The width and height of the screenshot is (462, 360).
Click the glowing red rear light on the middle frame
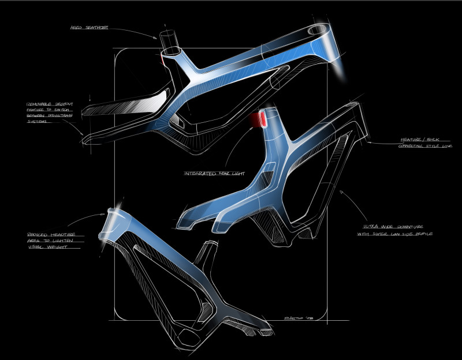click(259, 119)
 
